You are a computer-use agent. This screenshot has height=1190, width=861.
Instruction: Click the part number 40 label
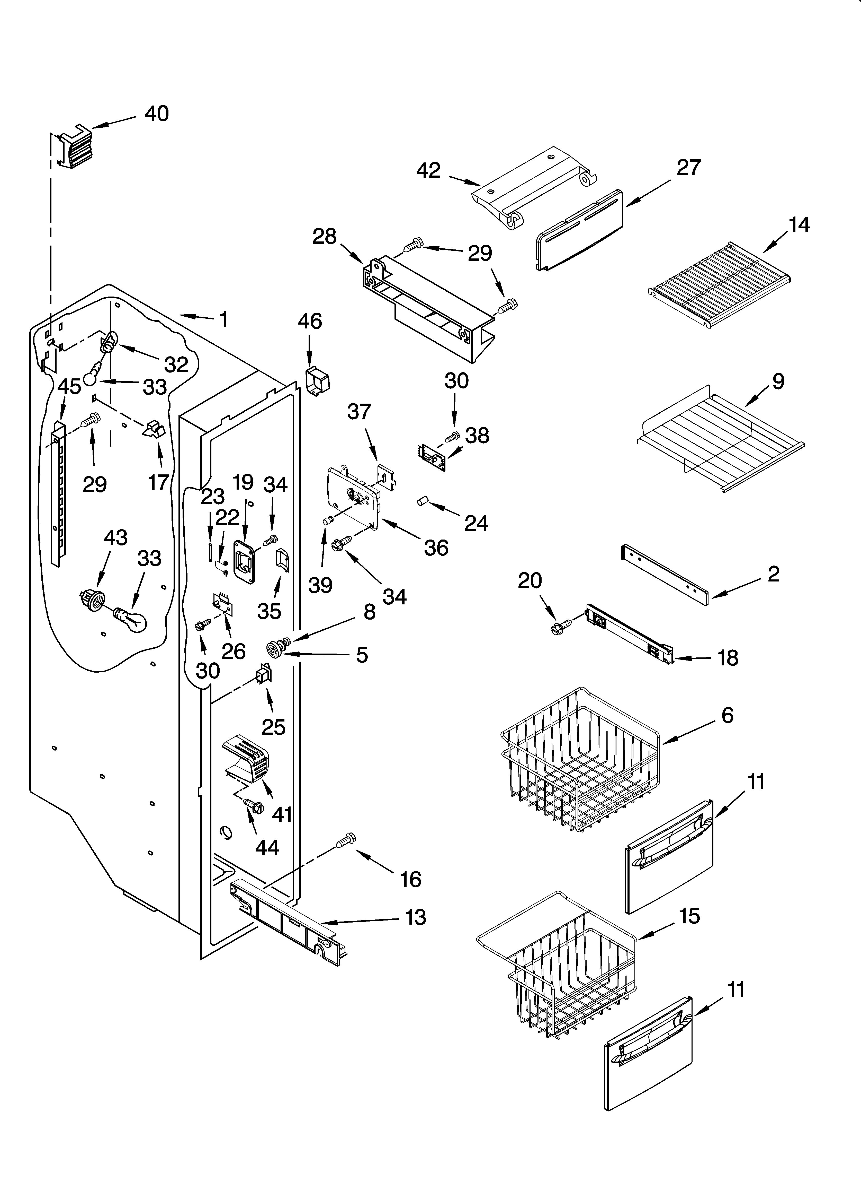click(x=156, y=114)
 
